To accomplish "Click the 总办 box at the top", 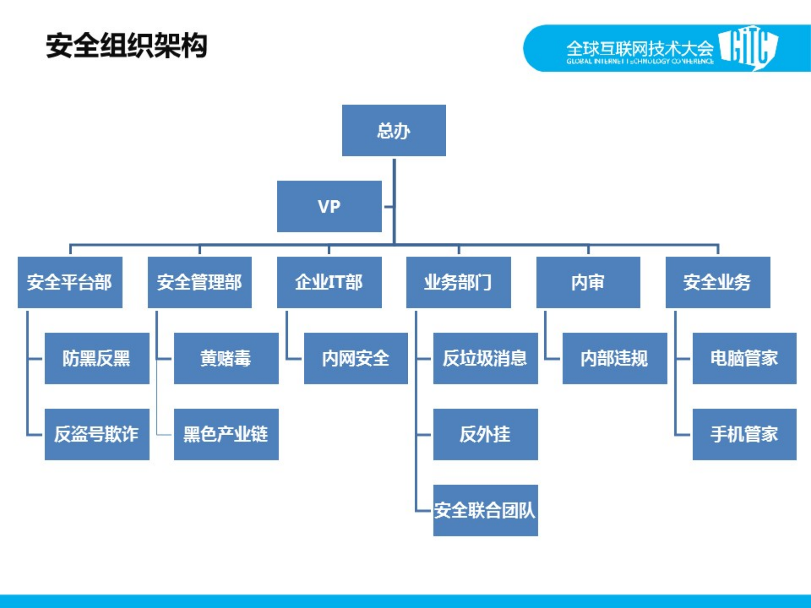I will tap(394, 131).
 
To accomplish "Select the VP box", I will tap(329, 207).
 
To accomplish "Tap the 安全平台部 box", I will tap(70, 282).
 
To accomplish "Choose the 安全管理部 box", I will tap(199, 282).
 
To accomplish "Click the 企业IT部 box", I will tap(329, 282).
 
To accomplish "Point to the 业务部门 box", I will tap(459, 282).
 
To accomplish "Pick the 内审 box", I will tap(588, 282).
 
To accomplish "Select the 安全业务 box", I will tap(718, 282).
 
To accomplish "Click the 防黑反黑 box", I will tap(97, 358).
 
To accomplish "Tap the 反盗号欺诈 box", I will tap(97, 434).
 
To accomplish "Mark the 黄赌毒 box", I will tap(226, 358).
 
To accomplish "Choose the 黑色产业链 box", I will tap(226, 434).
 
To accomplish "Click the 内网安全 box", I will tap(356, 358).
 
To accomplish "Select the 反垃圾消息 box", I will tap(485, 358).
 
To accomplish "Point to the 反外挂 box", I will tap(485, 434).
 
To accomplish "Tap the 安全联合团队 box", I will tap(485, 510).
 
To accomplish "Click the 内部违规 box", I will tap(614, 358).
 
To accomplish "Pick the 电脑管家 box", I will tap(744, 358).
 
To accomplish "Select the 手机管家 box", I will tap(744, 434).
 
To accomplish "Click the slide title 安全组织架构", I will tap(126, 45).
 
